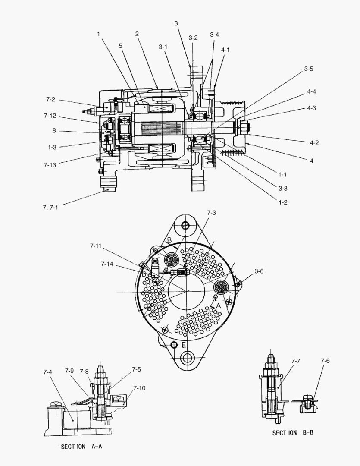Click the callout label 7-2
[50, 100]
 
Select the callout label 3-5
[308, 69]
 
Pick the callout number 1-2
[282, 202]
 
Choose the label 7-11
[96, 246]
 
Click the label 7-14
[108, 264]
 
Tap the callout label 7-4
[48, 372]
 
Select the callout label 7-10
[139, 388]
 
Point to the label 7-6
[325, 361]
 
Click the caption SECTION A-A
[81, 447]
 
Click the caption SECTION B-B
[292, 432]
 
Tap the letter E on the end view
[184, 345]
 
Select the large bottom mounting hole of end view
[188, 358]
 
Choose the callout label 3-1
[163, 47]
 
